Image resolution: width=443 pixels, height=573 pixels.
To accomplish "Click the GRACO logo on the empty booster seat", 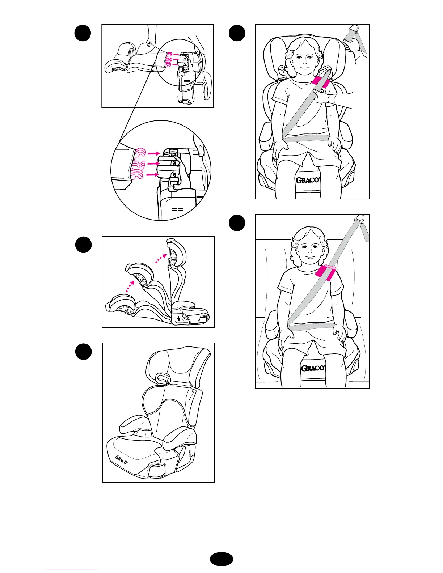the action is (122, 460).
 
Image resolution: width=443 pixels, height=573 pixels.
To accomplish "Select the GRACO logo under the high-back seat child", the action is (308, 180).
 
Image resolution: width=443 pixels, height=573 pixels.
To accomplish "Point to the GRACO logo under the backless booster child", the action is (313, 368).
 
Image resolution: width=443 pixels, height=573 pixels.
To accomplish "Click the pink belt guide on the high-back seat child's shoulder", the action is (321, 82).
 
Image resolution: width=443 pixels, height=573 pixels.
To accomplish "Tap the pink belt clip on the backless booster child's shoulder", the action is (326, 273).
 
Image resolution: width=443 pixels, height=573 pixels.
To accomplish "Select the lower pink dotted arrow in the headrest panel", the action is (130, 286).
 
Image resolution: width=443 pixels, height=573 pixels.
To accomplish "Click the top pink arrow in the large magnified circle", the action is (153, 153).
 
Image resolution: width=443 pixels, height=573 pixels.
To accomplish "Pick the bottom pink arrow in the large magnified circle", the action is (152, 175).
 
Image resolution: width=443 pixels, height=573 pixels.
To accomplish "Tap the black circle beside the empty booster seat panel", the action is (83, 352).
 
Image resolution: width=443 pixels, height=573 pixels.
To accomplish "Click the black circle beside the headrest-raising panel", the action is (83, 245).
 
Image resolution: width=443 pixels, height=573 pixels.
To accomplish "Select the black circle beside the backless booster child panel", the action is (237, 223).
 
